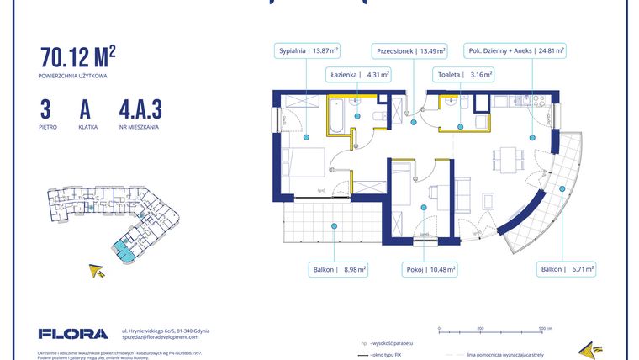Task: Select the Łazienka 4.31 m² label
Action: pyautogui.click(x=358, y=75)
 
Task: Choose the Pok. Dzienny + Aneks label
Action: pyautogui.click(x=515, y=50)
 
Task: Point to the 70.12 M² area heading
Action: pyautogui.click(x=77, y=57)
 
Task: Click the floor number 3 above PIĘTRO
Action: pyautogui.click(x=45, y=109)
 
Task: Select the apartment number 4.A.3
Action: pyautogui.click(x=140, y=109)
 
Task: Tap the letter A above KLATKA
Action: pyautogui.click(x=85, y=109)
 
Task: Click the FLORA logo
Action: pyautogui.click(x=73, y=334)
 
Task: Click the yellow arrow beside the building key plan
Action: pyautogui.click(x=98, y=271)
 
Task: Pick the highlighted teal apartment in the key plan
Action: pyautogui.click(x=124, y=249)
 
